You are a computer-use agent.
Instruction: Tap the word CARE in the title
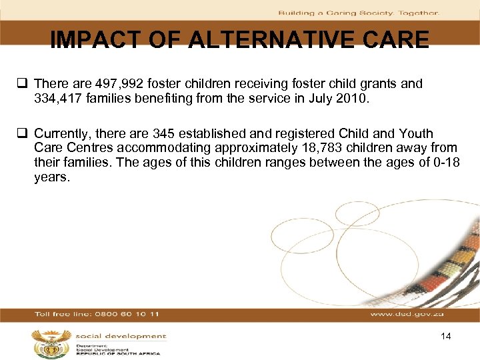click(396, 40)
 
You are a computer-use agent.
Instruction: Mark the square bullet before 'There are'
click(25, 84)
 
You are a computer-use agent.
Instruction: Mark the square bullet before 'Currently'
click(25, 134)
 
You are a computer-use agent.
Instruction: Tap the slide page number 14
click(446, 336)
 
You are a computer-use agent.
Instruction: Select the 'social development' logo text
click(121, 337)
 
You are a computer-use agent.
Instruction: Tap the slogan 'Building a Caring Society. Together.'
click(358, 13)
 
